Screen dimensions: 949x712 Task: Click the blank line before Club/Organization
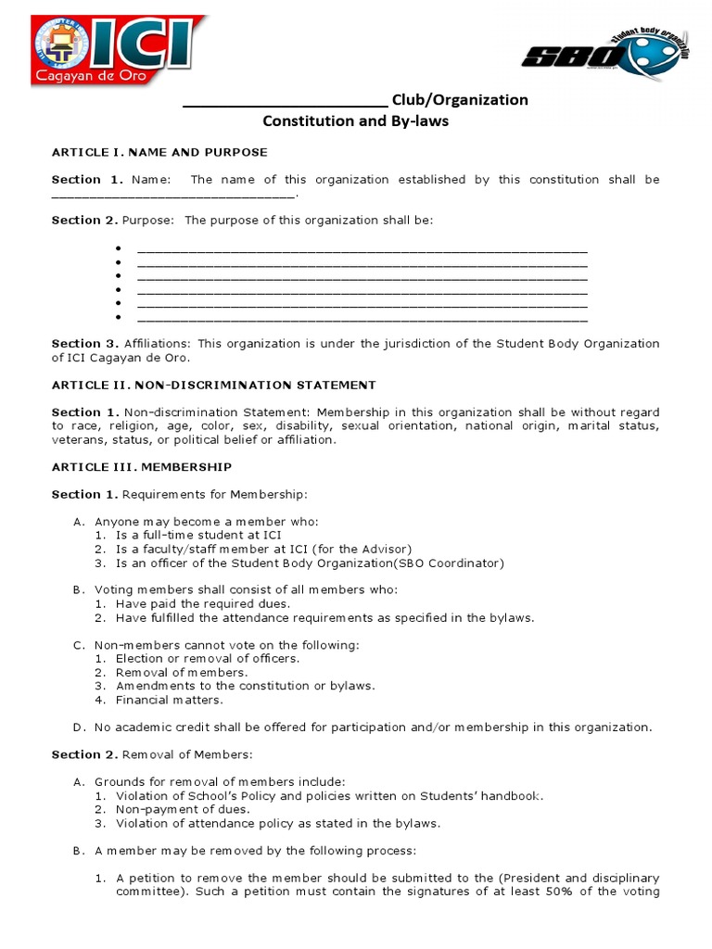(285, 100)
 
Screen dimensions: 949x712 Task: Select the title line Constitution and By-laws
(355, 121)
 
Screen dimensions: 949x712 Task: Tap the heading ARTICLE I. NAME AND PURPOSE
(159, 152)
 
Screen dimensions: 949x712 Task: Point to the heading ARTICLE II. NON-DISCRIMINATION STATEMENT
(213, 385)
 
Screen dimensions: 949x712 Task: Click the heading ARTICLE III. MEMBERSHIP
(142, 467)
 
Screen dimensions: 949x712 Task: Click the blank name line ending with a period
(173, 195)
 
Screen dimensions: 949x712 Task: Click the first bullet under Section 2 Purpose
(120, 250)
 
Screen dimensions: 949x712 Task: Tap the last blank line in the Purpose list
(362, 317)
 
